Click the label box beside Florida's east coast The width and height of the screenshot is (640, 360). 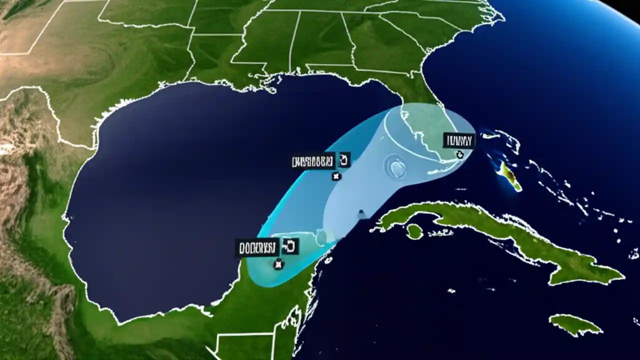[x=458, y=140]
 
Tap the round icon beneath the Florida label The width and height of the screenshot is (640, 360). [x=460, y=154]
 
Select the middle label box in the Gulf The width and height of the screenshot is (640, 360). [x=312, y=161]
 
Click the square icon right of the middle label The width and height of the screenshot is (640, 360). [x=344, y=159]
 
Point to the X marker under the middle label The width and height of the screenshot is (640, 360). [x=336, y=176]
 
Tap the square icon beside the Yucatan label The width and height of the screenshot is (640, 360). [x=290, y=245]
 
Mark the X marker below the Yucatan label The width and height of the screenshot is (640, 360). [x=278, y=264]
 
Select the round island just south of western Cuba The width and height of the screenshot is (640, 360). [x=414, y=231]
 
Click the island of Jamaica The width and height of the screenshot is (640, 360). [x=575, y=324]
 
